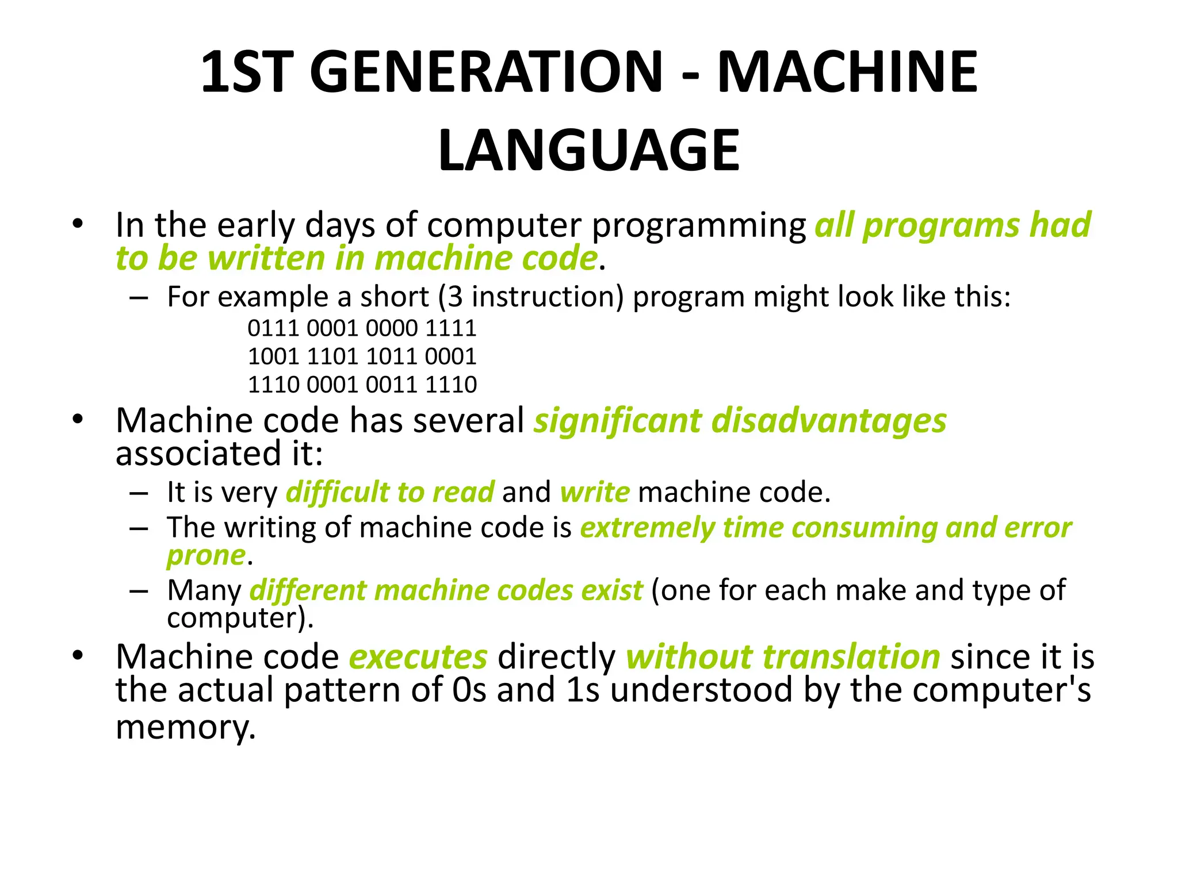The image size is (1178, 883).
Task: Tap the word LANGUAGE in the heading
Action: click(588, 151)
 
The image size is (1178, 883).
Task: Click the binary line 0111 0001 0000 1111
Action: click(362, 328)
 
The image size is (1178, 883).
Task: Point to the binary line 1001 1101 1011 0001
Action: click(362, 356)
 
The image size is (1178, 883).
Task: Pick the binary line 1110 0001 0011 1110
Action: click(362, 385)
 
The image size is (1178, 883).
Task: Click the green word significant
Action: click(617, 421)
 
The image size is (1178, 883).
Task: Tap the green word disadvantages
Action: click(828, 421)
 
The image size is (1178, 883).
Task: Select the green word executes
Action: click(418, 657)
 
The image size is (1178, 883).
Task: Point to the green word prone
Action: click(206, 556)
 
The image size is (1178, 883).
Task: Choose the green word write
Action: click(595, 493)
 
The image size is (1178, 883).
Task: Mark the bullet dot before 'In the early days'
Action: click(78, 224)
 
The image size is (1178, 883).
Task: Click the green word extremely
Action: click(647, 528)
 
